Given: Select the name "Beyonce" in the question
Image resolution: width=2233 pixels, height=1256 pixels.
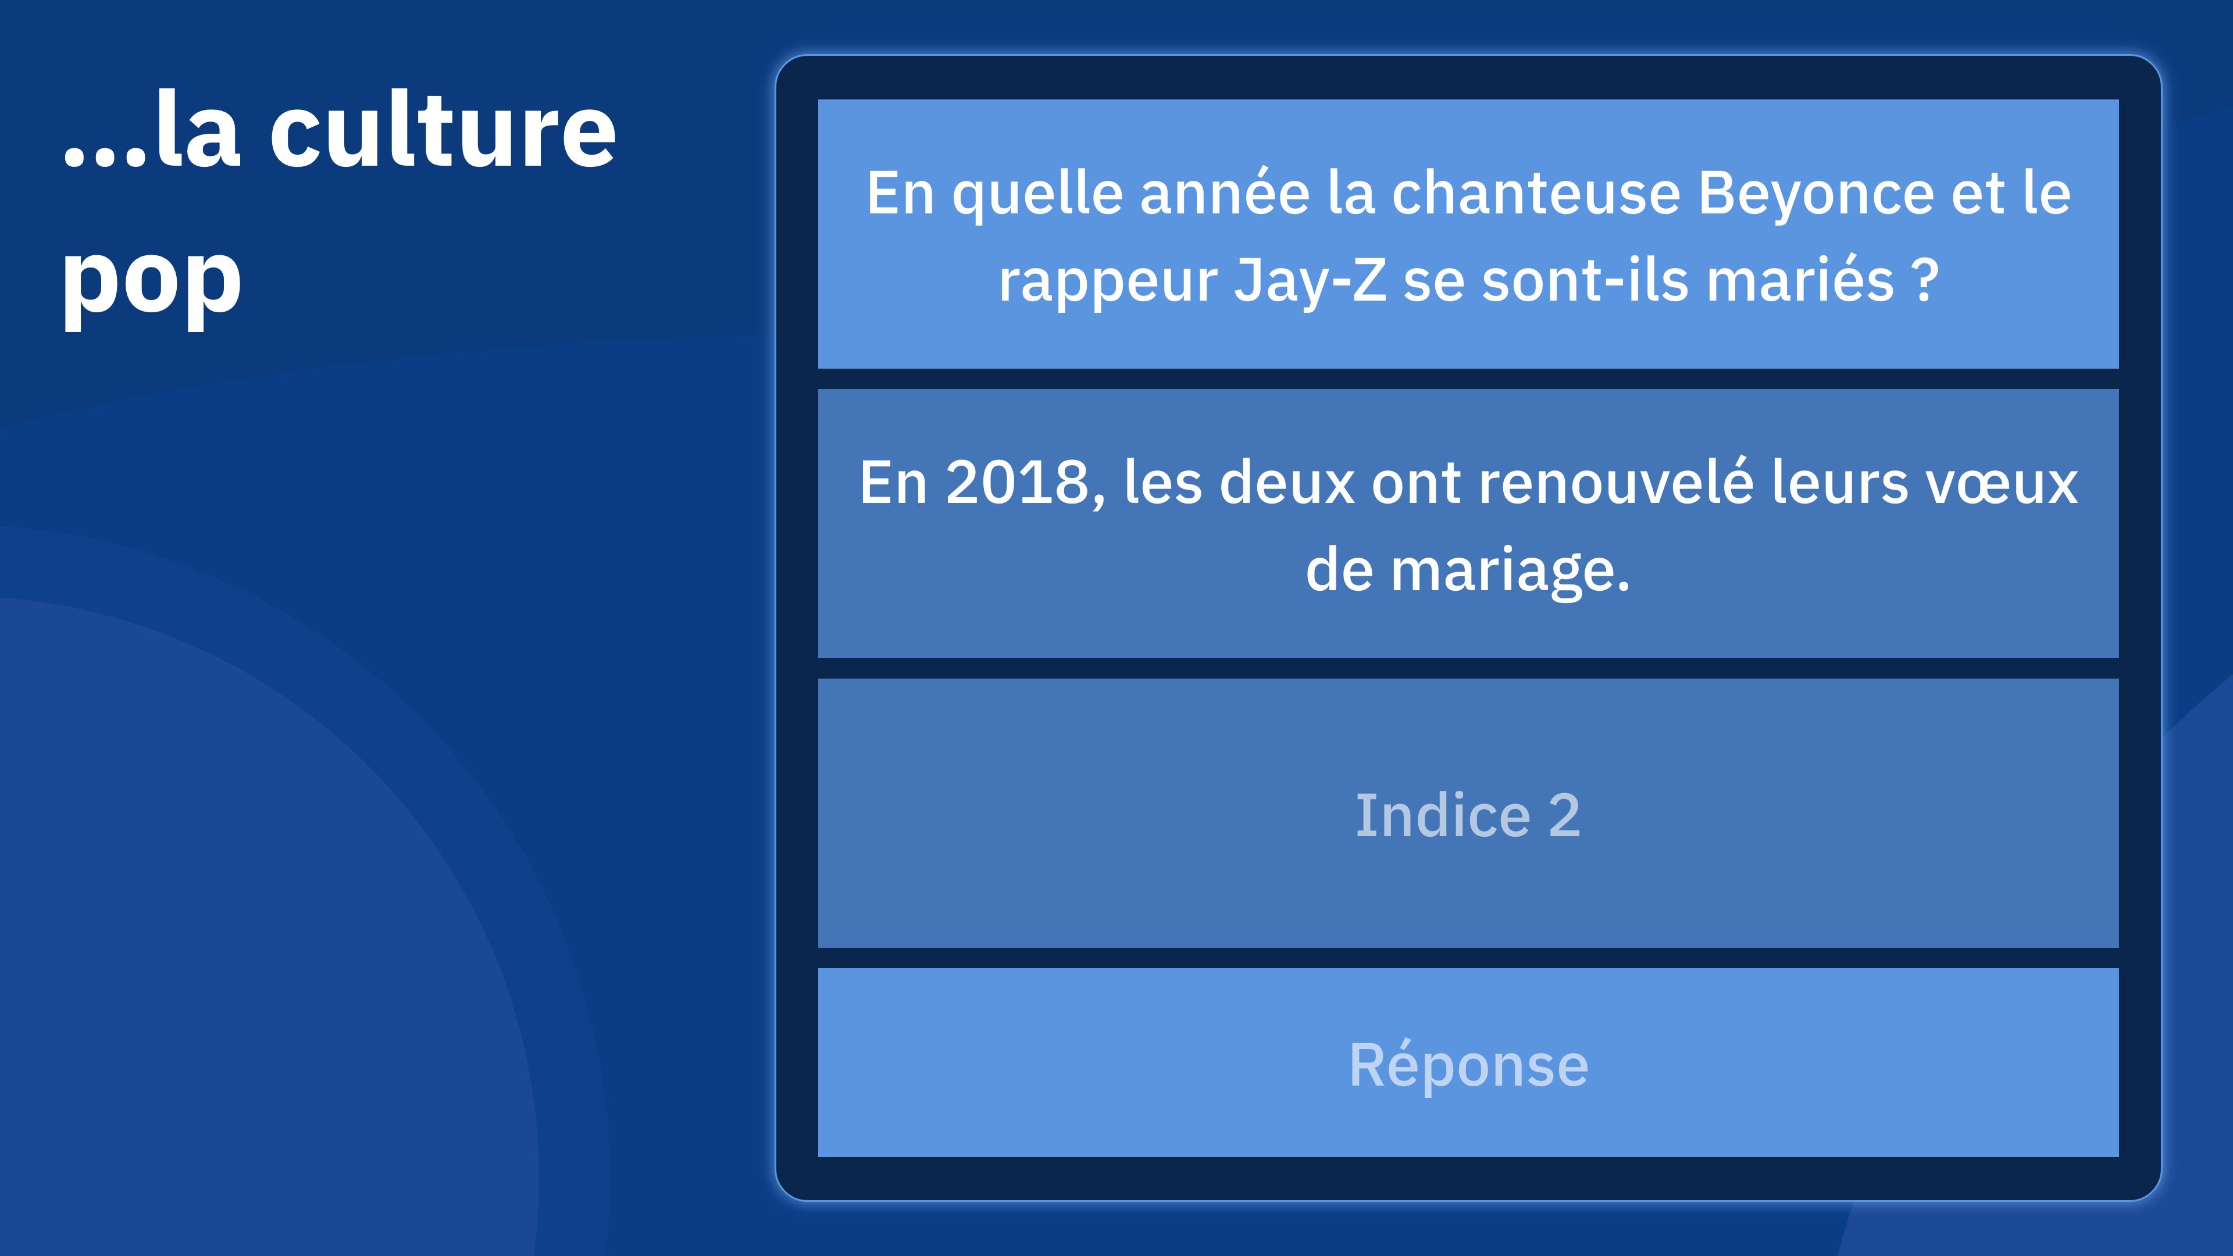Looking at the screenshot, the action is (x=1815, y=194).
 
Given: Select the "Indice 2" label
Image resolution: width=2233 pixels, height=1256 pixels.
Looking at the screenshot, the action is (x=1468, y=816).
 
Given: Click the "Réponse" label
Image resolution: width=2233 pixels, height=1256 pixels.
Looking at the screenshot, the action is (x=1468, y=1065).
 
